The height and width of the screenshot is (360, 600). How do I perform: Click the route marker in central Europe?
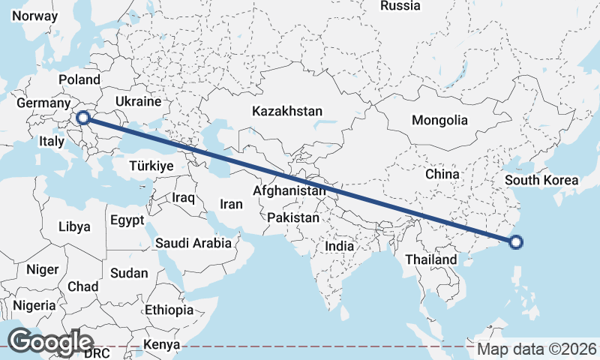coord(83,117)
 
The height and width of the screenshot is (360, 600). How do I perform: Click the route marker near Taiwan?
coord(516,241)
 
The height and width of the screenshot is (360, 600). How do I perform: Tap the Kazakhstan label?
coord(287,111)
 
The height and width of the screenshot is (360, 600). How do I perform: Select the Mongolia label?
coord(439,120)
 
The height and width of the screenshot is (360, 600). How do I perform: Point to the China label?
coord(442,174)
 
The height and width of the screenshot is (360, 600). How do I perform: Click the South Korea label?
coord(541,180)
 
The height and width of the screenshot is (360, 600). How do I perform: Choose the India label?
coord(340,246)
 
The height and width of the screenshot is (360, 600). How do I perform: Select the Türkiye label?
coord(151,166)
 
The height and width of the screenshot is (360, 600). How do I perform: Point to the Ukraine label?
coord(139,101)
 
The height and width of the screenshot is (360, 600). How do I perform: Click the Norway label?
coord(35,16)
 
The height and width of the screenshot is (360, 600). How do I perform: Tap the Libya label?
coord(74,226)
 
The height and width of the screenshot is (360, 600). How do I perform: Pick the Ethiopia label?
coord(169,310)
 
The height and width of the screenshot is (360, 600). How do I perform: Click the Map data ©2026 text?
coord(537,349)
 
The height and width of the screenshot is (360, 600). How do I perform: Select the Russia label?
coord(400,6)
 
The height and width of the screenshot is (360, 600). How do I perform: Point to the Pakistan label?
coord(294,218)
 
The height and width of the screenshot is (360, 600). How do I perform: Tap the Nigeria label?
coord(34,305)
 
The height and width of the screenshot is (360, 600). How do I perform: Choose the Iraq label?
coord(183,198)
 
